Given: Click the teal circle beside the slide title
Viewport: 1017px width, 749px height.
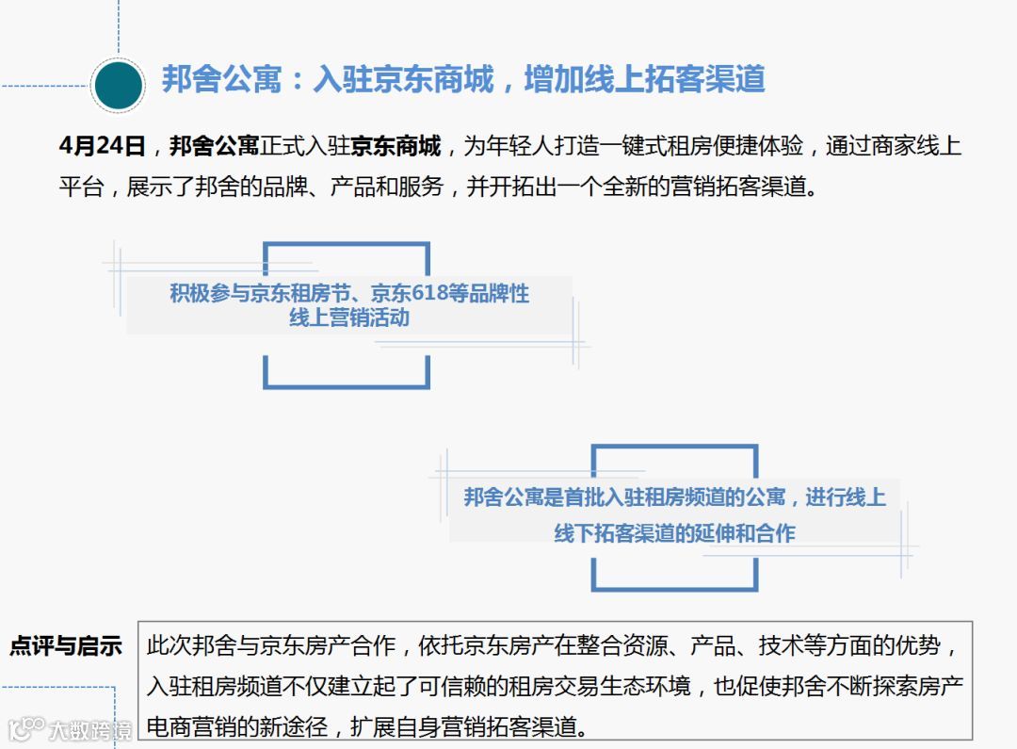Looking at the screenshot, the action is (118, 86).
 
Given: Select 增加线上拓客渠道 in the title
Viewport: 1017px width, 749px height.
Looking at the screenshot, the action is (644, 79).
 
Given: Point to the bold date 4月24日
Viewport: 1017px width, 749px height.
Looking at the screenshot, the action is (102, 147).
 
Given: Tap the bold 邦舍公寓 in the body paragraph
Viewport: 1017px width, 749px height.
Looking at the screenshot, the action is (214, 147).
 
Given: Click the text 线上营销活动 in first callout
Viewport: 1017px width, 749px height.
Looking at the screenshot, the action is (349, 318).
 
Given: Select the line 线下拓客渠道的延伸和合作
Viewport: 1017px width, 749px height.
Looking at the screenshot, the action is (674, 533).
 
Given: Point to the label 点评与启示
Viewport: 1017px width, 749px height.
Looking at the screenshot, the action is (66, 646).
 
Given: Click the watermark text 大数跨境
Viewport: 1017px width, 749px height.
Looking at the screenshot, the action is (91, 729).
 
